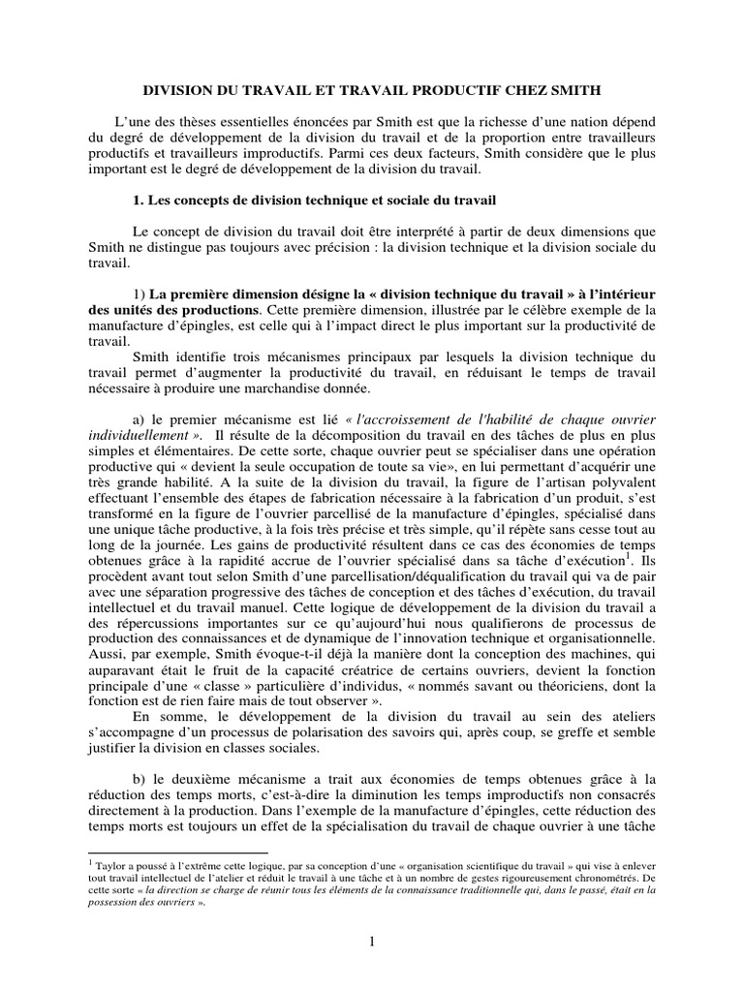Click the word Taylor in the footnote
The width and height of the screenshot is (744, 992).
point(108,860)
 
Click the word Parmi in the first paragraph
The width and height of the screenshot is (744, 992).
point(350,154)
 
